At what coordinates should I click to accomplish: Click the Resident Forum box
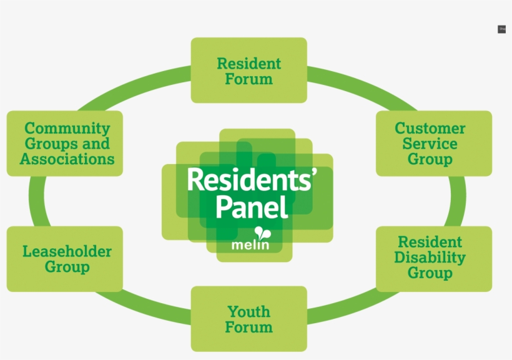[x=249, y=70]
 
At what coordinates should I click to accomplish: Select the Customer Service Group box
[x=433, y=143]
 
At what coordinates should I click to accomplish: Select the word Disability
[x=430, y=258]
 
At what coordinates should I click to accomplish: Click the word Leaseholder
[x=67, y=251]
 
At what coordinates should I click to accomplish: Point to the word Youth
[x=249, y=311]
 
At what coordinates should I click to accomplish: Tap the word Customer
[x=430, y=129]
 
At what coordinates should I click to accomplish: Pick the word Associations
[x=67, y=159]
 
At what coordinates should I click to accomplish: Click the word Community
[x=67, y=129]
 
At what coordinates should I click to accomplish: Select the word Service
[x=430, y=144]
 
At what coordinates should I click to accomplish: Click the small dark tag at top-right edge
[x=501, y=29]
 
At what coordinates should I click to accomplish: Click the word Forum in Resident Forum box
[x=249, y=79]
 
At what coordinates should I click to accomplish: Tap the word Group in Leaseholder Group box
[x=67, y=267]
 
